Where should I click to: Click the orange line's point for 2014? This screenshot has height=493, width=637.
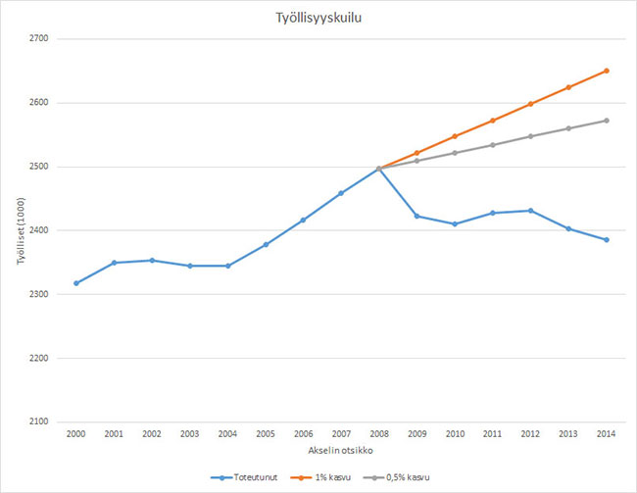pos(608,71)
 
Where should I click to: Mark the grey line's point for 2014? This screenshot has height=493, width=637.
pos(608,121)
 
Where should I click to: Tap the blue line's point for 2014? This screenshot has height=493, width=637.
pos(608,240)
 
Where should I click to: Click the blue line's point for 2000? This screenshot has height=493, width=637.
pos(75,283)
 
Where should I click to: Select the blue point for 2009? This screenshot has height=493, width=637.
pos(417,216)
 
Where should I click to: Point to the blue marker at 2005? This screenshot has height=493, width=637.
pos(266,244)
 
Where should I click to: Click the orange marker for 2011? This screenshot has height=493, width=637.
pos(493,121)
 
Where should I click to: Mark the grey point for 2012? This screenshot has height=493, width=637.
pos(531,136)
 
